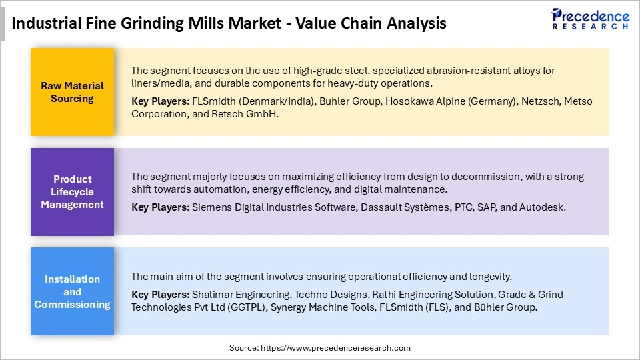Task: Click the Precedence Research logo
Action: click(x=590, y=19)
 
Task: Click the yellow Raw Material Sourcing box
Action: click(x=72, y=92)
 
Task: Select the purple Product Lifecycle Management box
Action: click(x=72, y=192)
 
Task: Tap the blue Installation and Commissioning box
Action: click(x=72, y=291)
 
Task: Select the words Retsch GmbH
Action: click(x=253, y=114)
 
